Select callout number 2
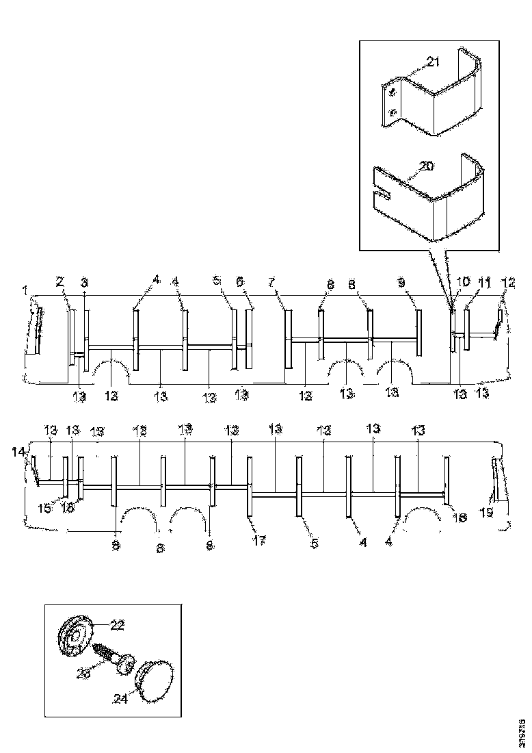pyautogui.click(x=60, y=281)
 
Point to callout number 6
pyautogui.click(x=240, y=281)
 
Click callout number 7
pyautogui.click(x=271, y=281)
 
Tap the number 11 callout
pyautogui.click(x=485, y=281)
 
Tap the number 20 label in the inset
pyautogui.click(x=427, y=166)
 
